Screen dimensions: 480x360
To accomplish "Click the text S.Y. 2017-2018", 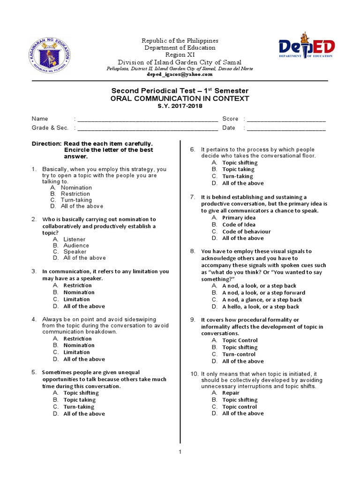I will click(180, 106).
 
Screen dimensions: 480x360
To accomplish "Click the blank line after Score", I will click(286, 119).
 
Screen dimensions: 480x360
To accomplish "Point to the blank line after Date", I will click(286, 128).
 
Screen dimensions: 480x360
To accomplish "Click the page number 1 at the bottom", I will click(180, 452).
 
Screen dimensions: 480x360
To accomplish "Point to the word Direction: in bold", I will click(46, 143).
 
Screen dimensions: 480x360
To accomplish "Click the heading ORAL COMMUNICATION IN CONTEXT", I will click(180, 98).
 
